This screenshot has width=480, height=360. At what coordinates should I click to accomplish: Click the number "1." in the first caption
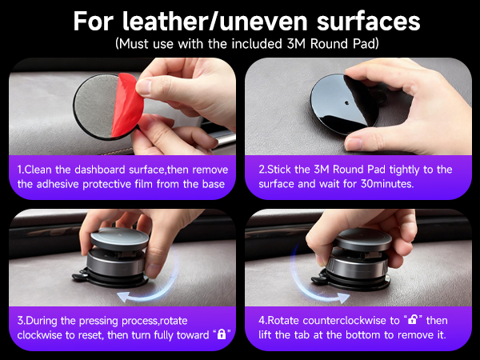click(x=22, y=170)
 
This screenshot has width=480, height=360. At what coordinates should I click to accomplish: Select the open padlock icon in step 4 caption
click(x=415, y=318)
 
